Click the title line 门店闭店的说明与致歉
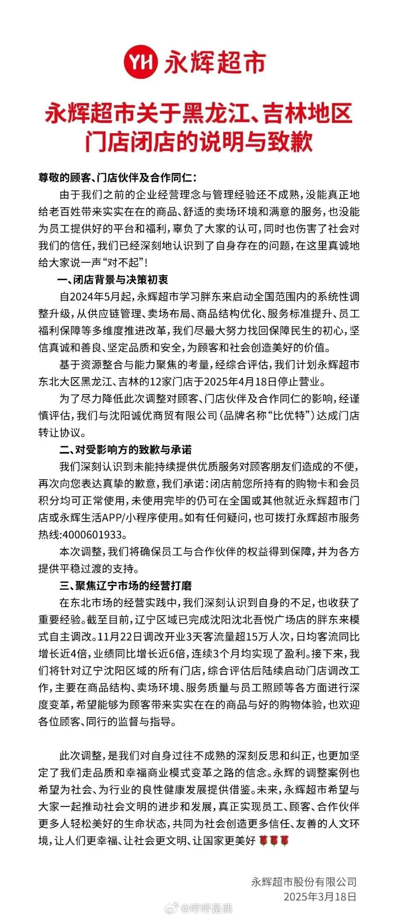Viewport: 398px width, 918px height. click(x=199, y=143)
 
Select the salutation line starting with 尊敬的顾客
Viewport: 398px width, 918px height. click(x=118, y=178)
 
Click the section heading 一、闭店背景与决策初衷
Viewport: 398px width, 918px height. click(x=113, y=280)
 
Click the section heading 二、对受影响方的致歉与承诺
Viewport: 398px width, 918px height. click(x=125, y=450)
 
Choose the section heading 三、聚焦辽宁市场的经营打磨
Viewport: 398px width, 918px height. click(x=125, y=585)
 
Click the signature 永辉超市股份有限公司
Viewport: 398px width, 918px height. click(x=304, y=882)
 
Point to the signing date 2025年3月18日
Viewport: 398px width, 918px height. click(x=320, y=896)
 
